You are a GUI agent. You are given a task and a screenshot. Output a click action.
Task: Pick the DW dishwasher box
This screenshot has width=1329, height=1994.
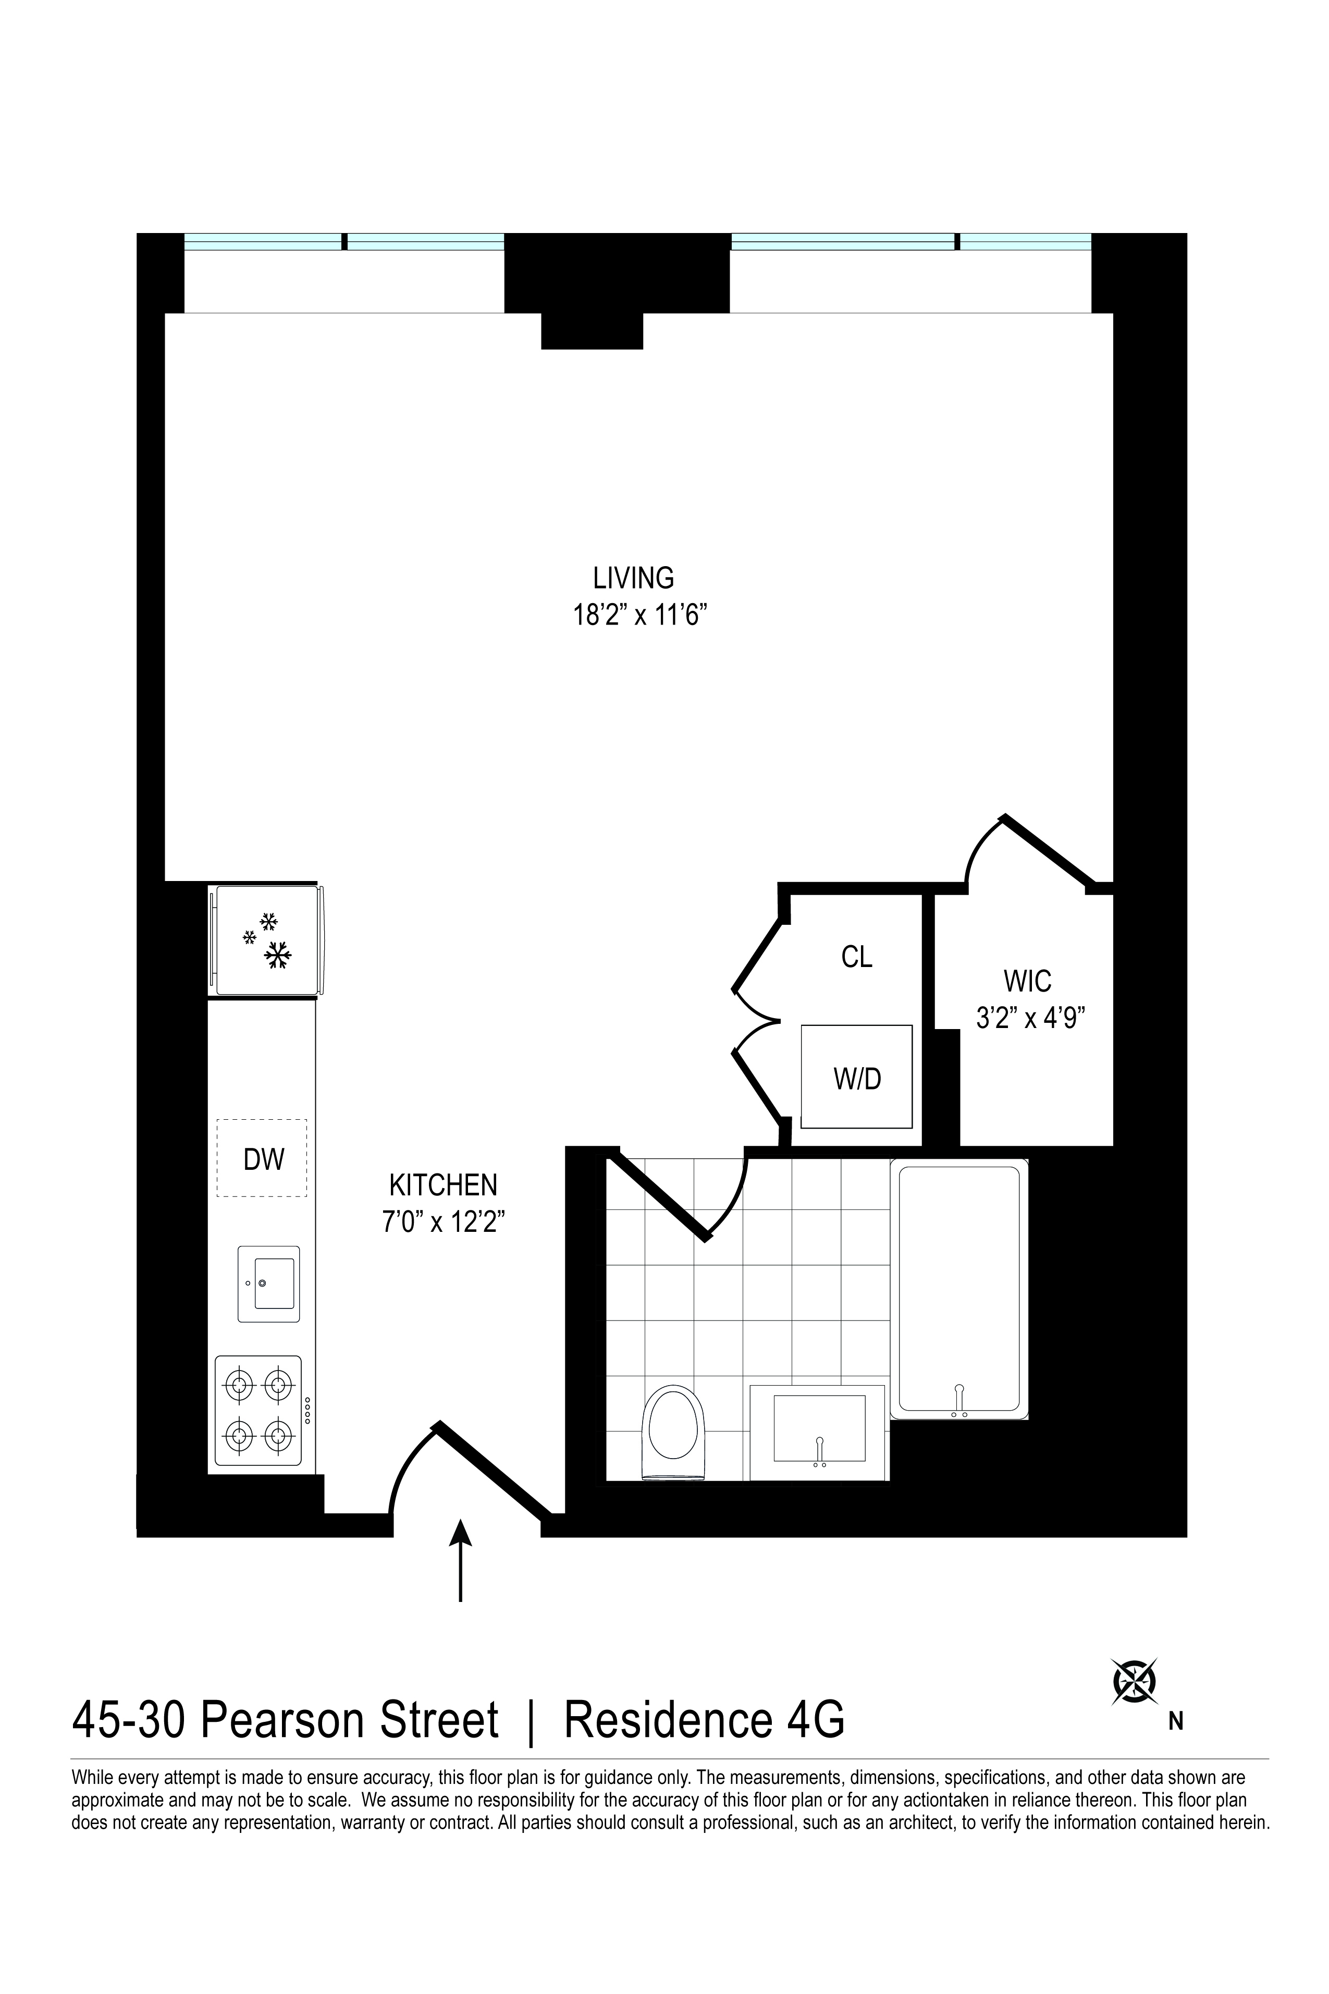coord(262,1158)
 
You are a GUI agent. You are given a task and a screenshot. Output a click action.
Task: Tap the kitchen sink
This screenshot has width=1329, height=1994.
coord(269,1283)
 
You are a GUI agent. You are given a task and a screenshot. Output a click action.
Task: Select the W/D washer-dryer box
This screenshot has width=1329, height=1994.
coord(857,1078)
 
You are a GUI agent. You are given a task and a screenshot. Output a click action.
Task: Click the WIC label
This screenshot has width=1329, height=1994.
coord(1027,981)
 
